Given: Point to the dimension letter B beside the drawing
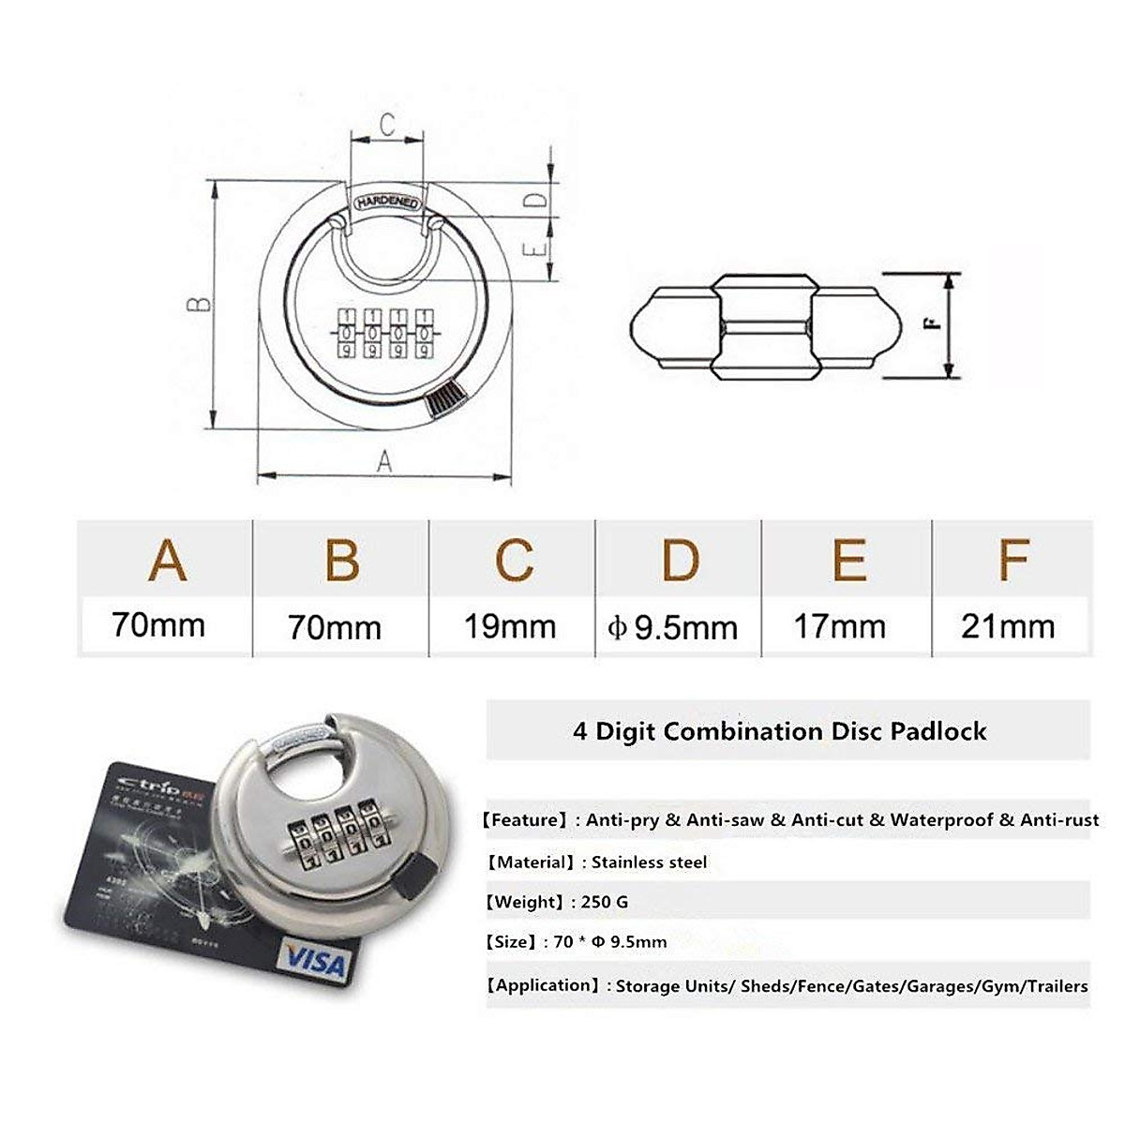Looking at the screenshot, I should pos(199,305).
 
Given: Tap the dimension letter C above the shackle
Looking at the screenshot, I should pos(386,125).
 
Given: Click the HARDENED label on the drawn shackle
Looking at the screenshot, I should pos(387,202).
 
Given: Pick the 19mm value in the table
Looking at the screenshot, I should pos(511,626).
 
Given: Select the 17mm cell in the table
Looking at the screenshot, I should pos(839,626).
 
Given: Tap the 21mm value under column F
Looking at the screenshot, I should pos(1008,626).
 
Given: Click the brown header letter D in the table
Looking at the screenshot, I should pos(681,560).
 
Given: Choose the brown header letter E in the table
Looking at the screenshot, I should pos(848,560).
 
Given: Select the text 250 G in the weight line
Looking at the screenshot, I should pos(605,902).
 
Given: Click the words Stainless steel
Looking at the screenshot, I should pos(649,862).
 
